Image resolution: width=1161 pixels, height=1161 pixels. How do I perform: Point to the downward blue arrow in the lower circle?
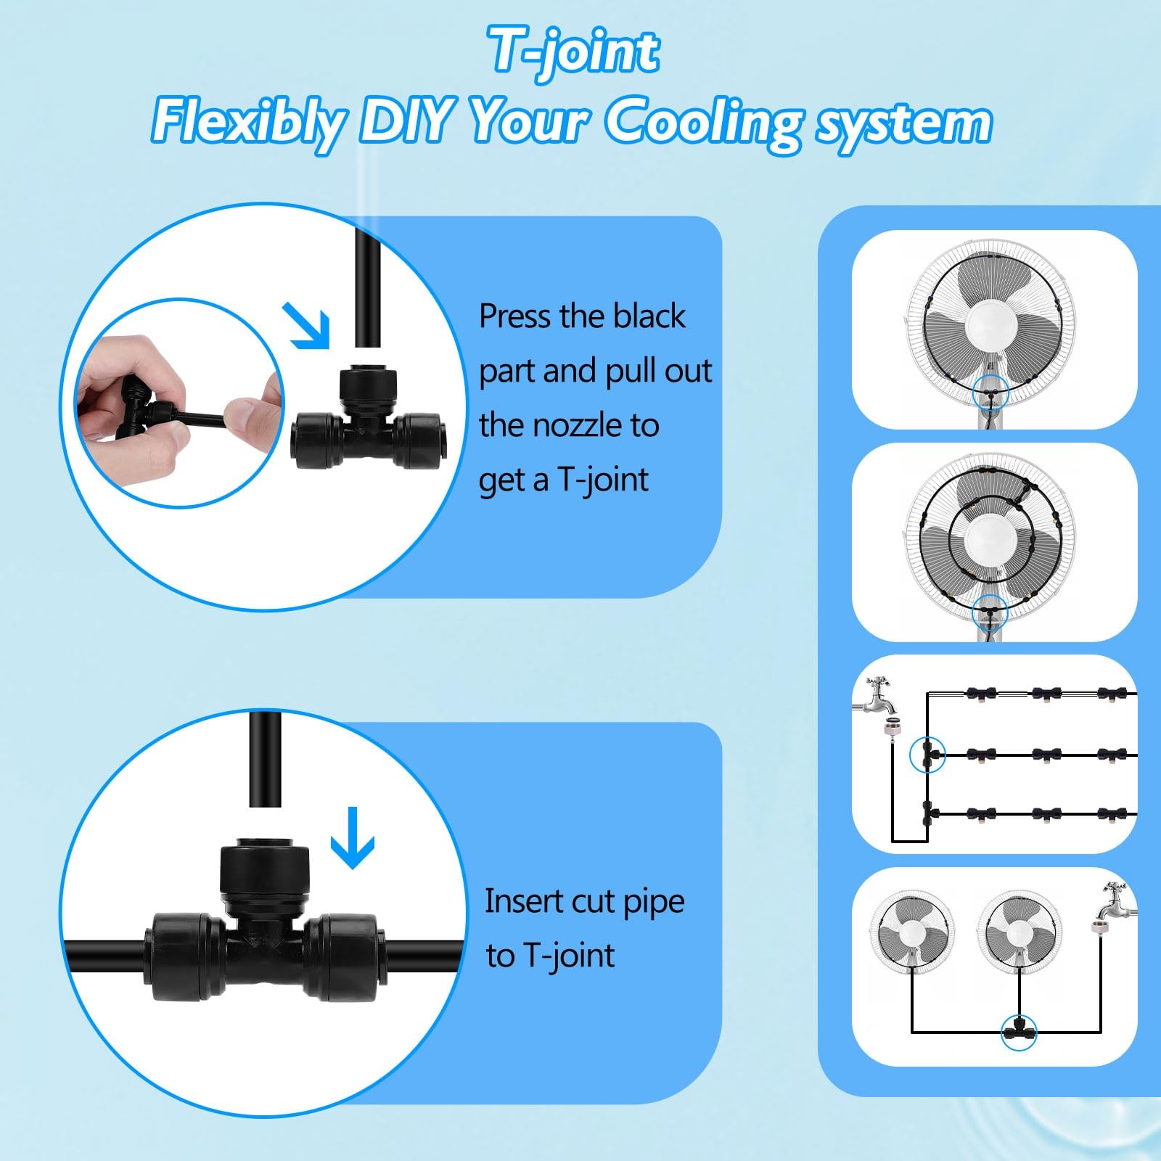pos(353,838)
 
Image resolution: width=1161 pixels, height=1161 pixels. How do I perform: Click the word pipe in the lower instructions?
pos(654,902)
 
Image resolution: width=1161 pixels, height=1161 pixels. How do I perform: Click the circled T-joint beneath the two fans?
pos(1019,1030)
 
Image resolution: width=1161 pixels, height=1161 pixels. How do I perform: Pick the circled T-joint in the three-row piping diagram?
pos(928,755)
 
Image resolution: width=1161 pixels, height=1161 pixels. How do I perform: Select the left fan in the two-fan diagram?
pos(911,932)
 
